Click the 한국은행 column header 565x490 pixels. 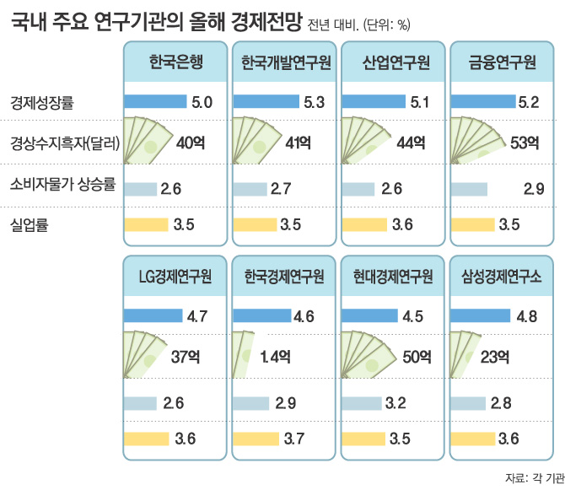[x=175, y=62]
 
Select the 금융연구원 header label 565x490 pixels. [x=503, y=62]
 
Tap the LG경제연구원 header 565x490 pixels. [x=175, y=277]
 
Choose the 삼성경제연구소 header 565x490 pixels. [x=503, y=277]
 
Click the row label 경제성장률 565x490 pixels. [x=42, y=103]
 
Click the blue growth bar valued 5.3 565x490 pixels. [x=266, y=102]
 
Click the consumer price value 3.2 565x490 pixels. [x=396, y=403]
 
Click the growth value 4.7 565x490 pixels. [x=199, y=317]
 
